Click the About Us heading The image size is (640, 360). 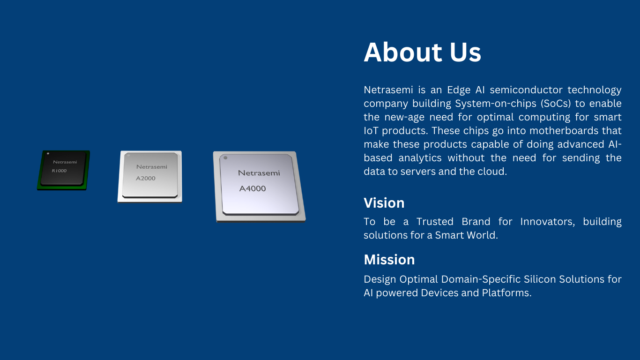(x=422, y=52)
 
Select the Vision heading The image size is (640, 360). (x=384, y=203)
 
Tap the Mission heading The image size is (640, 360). (x=389, y=260)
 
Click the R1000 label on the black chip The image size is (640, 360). (x=59, y=171)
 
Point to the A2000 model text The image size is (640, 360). (x=145, y=179)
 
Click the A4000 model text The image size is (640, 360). (x=253, y=188)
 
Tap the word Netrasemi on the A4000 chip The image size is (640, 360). (x=259, y=172)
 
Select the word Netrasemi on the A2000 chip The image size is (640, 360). (x=152, y=167)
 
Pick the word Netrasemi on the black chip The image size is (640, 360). (x=65, y=162)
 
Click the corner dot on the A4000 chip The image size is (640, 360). (x=225, y=158)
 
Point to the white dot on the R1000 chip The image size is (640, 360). (x=48, y=154)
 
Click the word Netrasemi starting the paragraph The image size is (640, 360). (x=388, y=90)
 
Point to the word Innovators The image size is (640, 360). (x=547, y=222)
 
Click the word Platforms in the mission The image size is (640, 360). (x=506, y=293)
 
